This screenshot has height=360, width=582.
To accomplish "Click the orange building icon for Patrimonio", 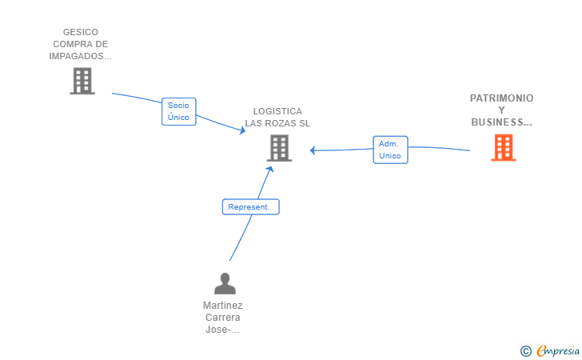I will click(503, 147).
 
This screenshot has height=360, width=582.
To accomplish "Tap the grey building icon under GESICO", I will click(82, 81).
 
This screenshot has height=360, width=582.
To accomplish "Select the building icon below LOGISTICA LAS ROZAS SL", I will click(278, 148).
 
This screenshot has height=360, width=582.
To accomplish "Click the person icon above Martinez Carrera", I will click(225, 283).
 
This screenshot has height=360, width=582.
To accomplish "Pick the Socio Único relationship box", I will click(178, 111).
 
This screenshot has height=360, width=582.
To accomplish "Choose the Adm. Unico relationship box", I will click(390, 150).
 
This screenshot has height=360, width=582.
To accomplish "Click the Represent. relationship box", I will click(250, 207).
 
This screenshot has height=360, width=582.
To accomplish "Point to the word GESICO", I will click(80, 33).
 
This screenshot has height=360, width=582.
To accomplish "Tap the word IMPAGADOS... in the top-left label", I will click(80, 57).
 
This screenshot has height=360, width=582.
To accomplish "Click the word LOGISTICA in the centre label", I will click(277, 111).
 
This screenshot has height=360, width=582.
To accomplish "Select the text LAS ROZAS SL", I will click(277, 123).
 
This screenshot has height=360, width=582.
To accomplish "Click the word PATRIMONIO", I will click(501, 98).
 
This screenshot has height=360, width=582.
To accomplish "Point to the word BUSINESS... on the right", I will click(501, 122).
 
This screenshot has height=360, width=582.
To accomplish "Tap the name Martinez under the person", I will click(223, 306).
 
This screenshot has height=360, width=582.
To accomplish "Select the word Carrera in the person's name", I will click(223, 318).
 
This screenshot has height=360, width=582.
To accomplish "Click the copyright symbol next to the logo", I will click(525, 350).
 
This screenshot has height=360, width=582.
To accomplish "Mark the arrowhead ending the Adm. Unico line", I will click(313, 150).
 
